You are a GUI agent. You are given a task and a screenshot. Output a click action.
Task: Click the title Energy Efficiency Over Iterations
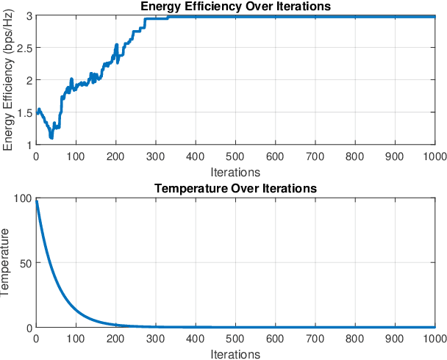[235, 7]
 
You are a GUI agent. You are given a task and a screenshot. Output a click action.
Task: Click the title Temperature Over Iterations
[235, 189]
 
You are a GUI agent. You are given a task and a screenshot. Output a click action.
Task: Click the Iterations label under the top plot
[235, 172]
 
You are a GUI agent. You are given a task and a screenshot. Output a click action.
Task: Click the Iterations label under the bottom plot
[235, 354]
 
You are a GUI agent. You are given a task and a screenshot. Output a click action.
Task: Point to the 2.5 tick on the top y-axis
[24, 48]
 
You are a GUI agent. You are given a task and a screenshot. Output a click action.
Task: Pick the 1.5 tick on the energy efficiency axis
[24, 113]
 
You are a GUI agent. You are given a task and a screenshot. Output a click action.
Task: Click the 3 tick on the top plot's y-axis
[29, 16]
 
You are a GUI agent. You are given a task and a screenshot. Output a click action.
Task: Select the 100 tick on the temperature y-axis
[22, 198]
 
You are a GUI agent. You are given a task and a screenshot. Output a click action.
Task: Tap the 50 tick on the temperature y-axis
[25, 262]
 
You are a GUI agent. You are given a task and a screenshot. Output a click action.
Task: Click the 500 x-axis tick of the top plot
[235, 156]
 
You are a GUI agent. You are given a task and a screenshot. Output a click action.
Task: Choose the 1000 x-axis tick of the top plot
[434, 156]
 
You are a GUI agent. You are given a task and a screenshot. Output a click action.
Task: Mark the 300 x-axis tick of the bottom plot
[156, 339]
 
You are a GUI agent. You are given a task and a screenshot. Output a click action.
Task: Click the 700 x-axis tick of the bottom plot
[315, 339]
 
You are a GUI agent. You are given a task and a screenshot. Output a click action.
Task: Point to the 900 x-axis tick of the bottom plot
[396, 339]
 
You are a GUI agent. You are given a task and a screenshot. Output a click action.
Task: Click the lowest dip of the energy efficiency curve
[51, 137]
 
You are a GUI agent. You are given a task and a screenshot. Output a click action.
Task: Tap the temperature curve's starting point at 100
[36, 199]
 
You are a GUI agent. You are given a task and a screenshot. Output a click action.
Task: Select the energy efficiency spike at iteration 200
[116, 46]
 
